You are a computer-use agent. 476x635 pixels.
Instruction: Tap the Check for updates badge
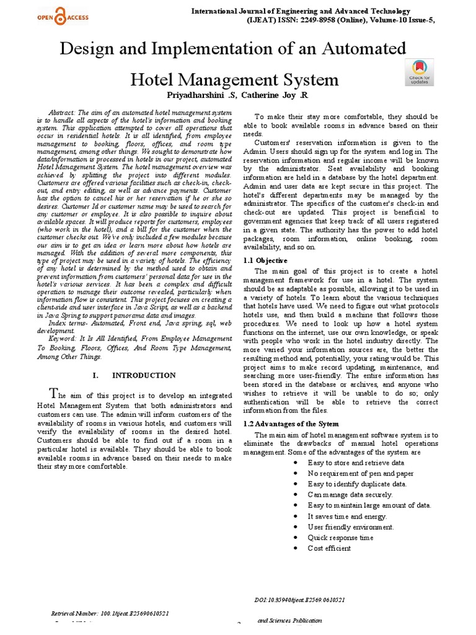click(419, 72)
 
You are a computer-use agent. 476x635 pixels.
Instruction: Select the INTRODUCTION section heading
click(143, 375)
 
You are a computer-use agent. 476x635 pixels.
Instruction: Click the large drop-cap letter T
click(55, 393)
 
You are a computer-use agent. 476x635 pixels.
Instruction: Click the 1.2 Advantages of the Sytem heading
click(291, 424)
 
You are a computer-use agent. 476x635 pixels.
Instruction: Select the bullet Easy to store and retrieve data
click(356, 463)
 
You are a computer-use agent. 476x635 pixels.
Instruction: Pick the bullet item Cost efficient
click(329, 548)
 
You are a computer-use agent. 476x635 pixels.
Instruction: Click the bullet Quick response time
click(340, 537)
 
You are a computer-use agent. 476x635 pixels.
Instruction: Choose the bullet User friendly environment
click(350, 526)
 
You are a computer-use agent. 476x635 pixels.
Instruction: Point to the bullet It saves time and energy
click(346, 516)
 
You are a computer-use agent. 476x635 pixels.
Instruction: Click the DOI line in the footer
click(300, 600)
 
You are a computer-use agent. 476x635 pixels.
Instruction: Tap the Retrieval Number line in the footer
click(110, 613)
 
